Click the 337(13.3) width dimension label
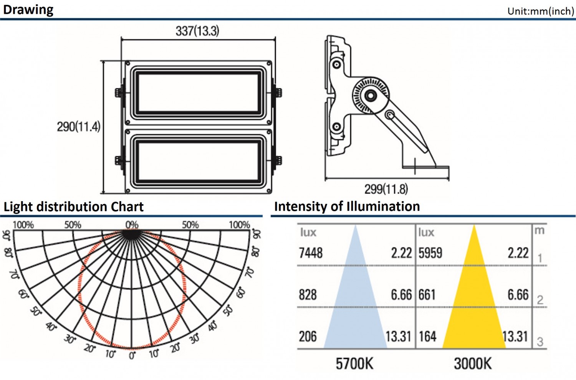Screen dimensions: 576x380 (x=197, y=31)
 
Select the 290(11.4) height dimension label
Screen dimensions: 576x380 (x=78, y=127)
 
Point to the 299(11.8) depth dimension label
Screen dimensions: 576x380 (x=386, y=189)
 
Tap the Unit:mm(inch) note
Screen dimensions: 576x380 (x=541, y=11)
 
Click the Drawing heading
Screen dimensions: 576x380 (x=28, y=10)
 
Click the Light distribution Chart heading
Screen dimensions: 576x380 (x=74, y=207)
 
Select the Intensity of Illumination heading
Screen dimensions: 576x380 (x=347, y=206)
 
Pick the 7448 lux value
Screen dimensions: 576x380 (x=311, y=253)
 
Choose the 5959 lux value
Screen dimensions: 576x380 (x=430, y=253)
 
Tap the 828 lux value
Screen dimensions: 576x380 (x=308, y=295)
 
